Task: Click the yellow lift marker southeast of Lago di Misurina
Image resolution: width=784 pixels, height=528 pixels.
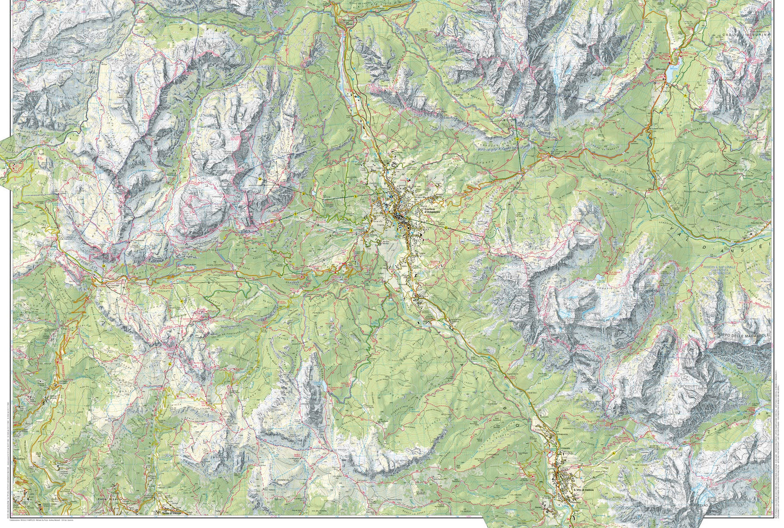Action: (685, 97)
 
